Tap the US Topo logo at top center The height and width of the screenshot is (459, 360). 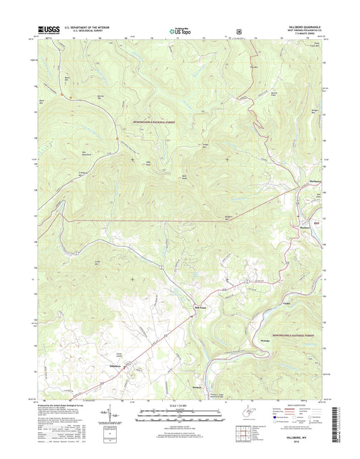click(x=179, y=30)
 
